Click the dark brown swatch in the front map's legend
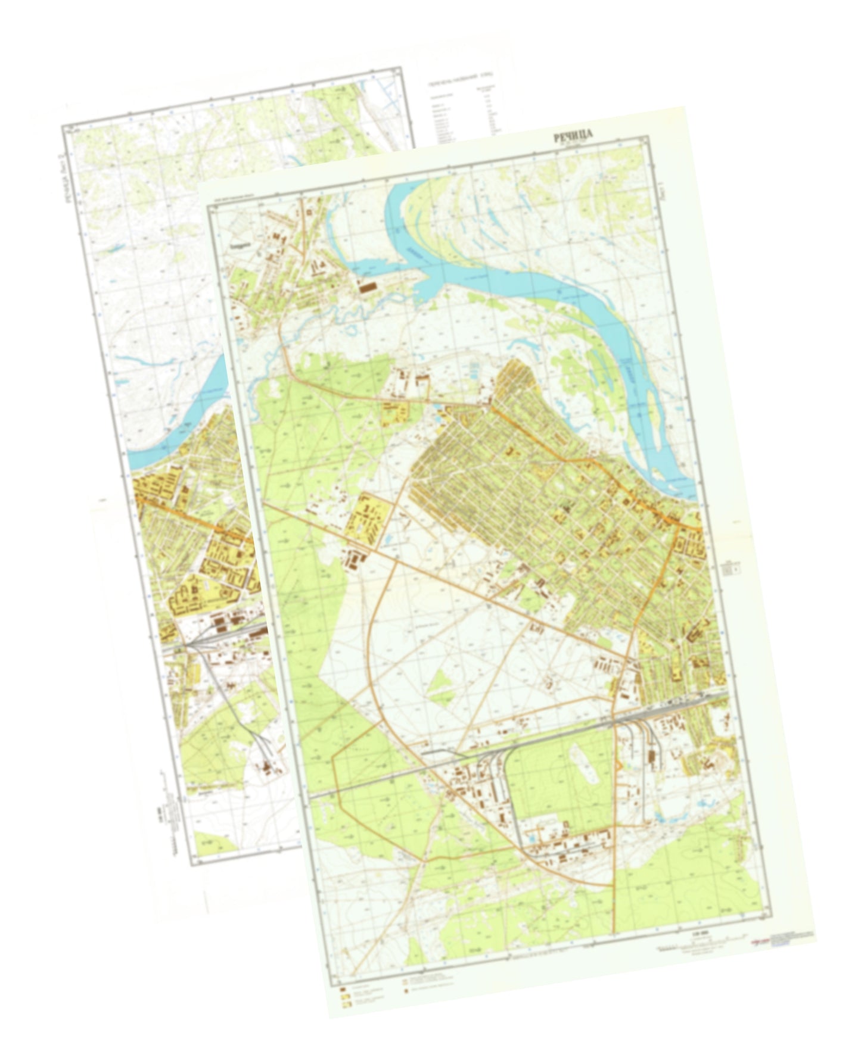point(344,990)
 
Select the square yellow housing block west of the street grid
point(368,516)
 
